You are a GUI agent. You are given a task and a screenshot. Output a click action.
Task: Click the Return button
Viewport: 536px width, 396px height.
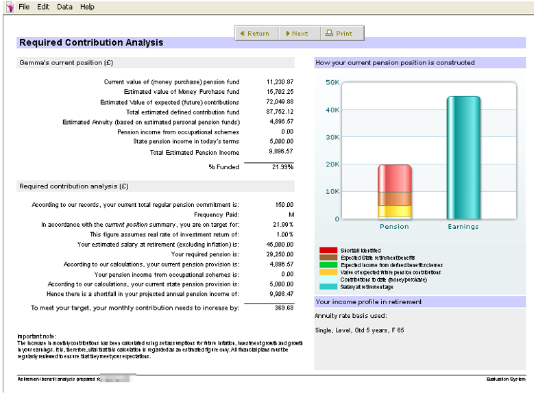(255, 34)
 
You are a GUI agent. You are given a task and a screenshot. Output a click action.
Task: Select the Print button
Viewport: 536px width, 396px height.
(339, 34)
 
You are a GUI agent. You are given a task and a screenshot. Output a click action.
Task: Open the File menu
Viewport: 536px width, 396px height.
(24, 7)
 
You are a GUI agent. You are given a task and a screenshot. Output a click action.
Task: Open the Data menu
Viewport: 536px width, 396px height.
(64, 7)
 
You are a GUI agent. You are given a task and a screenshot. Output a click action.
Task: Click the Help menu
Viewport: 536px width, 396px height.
(87, 7)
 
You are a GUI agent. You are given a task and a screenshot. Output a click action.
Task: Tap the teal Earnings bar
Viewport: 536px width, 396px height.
(463, 158)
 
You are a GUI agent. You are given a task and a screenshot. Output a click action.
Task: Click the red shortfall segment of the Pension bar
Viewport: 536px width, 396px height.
(394, 178)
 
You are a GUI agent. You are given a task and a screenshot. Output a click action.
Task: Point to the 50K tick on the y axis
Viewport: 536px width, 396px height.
(332, 82)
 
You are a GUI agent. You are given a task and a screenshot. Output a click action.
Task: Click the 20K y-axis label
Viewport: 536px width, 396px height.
(332, 164)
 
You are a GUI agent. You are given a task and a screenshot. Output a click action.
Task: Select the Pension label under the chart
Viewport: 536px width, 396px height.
(394, 227)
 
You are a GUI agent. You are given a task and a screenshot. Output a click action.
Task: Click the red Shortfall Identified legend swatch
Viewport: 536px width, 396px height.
(328, 250)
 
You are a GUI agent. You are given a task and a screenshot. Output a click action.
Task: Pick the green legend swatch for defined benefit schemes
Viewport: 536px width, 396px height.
(328, 264)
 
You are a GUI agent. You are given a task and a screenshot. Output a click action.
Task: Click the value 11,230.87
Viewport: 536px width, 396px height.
(280, 82)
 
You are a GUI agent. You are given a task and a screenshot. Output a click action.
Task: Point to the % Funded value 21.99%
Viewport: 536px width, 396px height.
(282, 167)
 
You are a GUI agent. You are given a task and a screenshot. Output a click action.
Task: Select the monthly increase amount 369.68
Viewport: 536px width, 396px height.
(283, 308)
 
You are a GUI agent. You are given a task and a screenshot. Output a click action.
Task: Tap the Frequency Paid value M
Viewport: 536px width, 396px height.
(291, 214)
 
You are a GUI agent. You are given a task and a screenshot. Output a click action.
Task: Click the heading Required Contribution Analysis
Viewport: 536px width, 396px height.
(91, 42)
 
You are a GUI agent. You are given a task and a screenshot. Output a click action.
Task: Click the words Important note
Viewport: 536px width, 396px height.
(36, 336)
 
